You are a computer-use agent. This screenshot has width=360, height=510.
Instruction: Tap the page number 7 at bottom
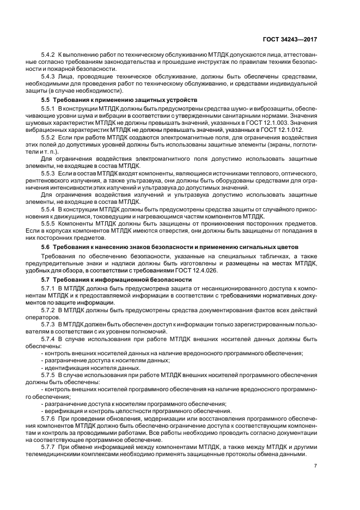[316, 466]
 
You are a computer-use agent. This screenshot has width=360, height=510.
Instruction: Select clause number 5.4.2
[48, 57]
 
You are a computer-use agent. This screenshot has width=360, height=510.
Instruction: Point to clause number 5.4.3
[48, 77]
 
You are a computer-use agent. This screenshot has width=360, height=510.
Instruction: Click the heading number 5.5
[46, 101]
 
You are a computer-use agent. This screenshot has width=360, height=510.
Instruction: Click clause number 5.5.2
[48, 138]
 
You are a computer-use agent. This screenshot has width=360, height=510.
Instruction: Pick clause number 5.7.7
[48, 446]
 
